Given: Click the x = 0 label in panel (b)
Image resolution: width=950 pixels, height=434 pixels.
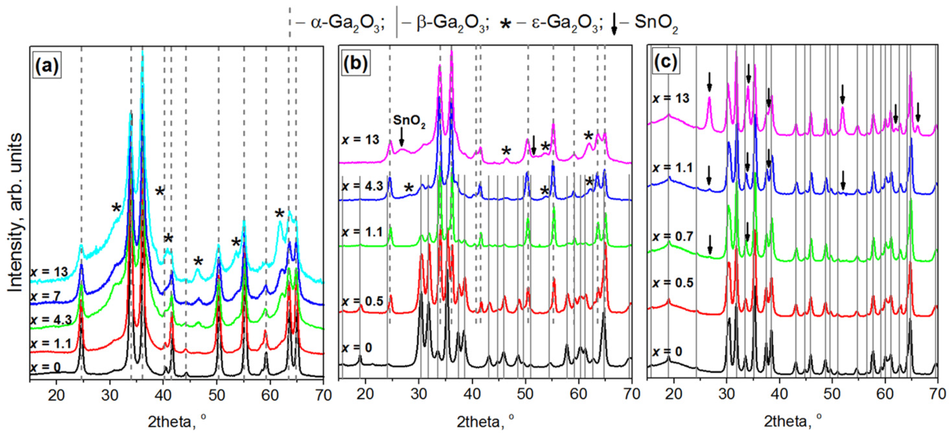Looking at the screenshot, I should coord(357,347).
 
